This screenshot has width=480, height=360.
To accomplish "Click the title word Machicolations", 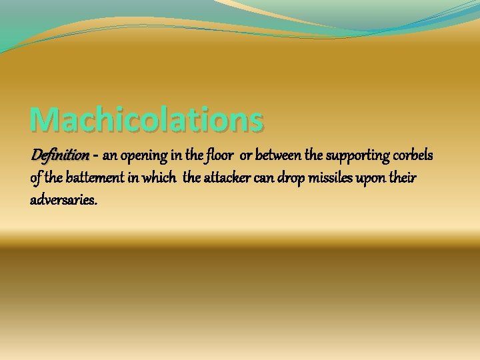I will (147, 119).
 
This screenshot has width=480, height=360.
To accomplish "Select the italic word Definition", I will (59, 155).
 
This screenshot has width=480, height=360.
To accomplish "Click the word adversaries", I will (63, 199).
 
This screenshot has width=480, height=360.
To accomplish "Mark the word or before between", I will (245, 157).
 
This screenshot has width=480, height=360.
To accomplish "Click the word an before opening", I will (110, 157).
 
